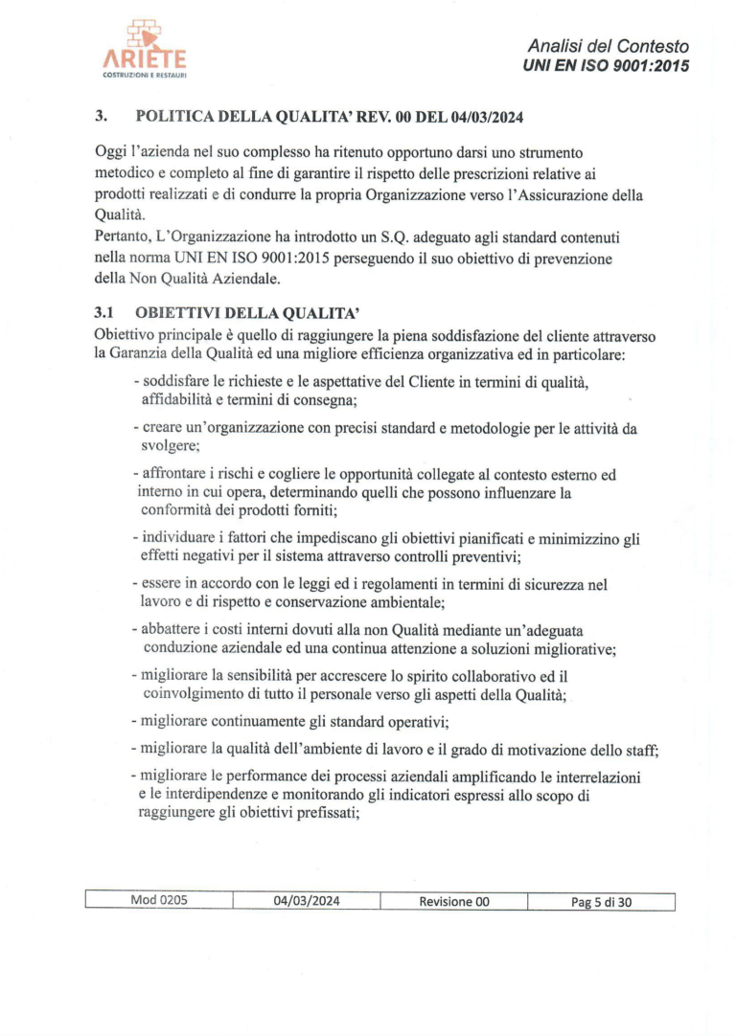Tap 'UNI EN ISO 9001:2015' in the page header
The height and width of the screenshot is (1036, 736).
[606, 65]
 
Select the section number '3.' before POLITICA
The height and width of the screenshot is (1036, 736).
[100, 117]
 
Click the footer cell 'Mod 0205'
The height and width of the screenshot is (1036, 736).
[159, 901]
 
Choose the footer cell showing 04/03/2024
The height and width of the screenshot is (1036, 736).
[307, 901]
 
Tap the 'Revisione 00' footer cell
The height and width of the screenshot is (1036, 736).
[454, 901]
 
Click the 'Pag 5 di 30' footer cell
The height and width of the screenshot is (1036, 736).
[602, 901]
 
